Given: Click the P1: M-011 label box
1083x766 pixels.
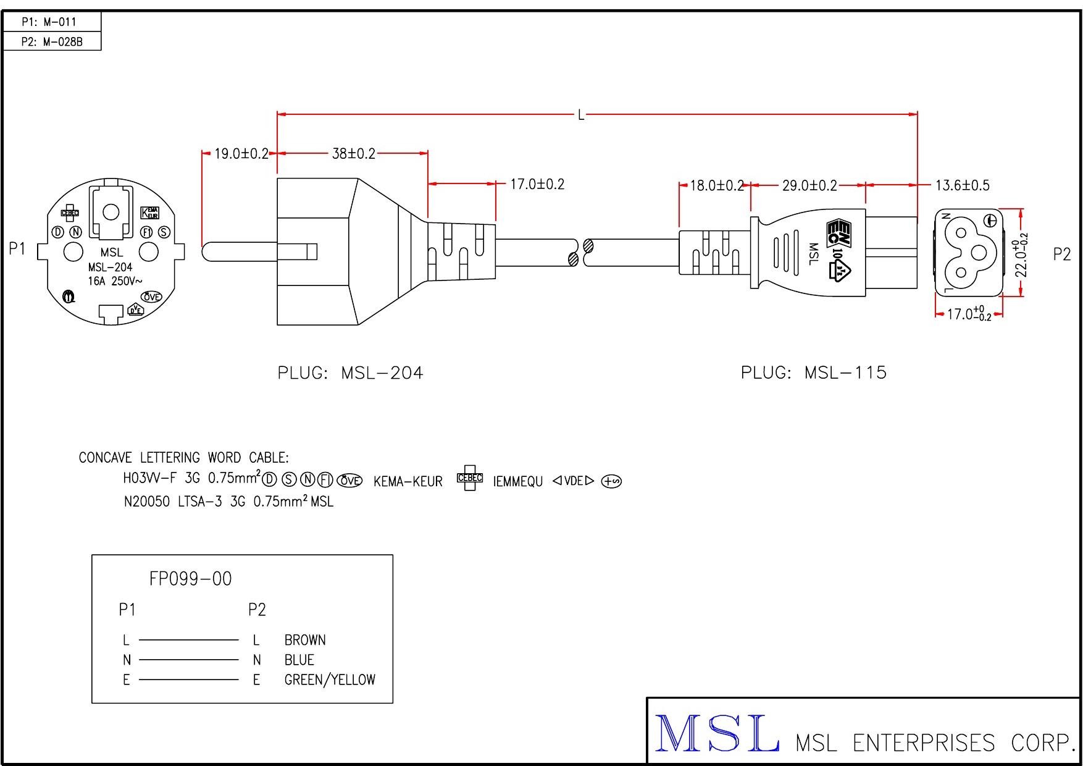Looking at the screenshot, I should point(51,22).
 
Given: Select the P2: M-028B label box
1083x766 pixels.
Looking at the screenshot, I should point(51,41).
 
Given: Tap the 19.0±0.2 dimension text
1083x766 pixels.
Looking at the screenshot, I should point(241,153).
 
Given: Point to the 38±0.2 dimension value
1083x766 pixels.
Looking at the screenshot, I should point(354,153).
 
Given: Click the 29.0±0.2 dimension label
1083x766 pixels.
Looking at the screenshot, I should point(809,185).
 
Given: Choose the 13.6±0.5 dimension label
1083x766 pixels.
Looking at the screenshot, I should point(962,185).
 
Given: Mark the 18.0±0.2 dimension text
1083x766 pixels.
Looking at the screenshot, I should point(716,185).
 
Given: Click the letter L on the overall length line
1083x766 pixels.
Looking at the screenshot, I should point(581,115).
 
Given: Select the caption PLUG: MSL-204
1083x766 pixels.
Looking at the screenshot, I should point(350,373).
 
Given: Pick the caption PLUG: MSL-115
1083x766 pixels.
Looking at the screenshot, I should point(814,372).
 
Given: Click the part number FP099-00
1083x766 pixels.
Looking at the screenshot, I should point(190,579).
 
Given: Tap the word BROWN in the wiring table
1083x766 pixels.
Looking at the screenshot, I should point(305,640).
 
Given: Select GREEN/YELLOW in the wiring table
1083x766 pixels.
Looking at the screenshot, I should point(330,680).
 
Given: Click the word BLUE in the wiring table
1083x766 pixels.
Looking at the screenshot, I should point(299,660).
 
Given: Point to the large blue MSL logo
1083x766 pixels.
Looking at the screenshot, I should point(716,734).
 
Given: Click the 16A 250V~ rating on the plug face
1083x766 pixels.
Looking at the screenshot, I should point(115,281).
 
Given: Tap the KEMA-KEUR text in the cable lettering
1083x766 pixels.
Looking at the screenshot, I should point(408,482).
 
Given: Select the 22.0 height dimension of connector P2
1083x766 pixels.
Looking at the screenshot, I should point(1022,254).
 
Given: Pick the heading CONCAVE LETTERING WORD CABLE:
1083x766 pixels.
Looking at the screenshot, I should point(183,458).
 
